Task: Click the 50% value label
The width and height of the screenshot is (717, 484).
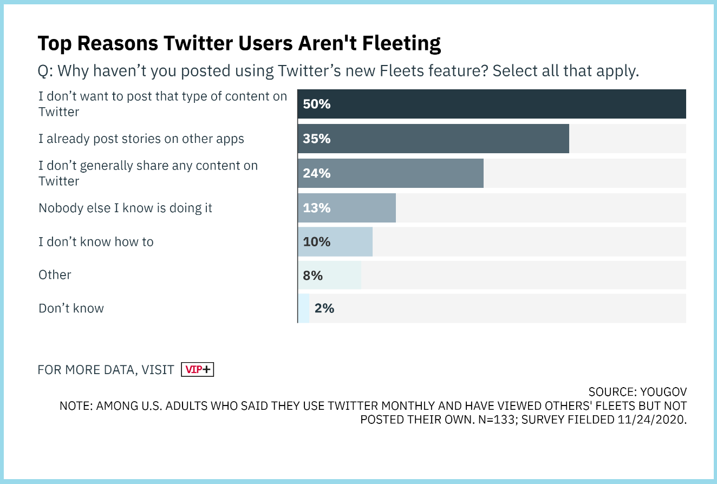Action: [317, 104]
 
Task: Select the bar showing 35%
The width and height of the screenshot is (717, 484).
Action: [433, 139]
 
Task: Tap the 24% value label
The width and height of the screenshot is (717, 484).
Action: [317, 173]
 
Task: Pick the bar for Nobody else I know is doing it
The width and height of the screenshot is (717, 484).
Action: [347, 208]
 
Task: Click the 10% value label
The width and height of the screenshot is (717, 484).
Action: [317, 241]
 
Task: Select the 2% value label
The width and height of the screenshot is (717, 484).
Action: [324, 309]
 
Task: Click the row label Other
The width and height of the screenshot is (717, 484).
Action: [55, 275]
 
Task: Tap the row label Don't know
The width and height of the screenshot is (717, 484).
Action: [71, 309]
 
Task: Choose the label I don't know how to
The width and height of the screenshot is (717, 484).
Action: [96, 241]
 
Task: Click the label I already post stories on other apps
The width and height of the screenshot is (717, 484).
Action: [141, 139]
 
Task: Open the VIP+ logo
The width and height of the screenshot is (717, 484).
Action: [198, 370]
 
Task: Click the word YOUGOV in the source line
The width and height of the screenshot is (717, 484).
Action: [663, 392]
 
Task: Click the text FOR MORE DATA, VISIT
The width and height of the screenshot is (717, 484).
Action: [106, 370]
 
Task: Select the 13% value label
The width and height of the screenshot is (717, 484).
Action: [317, 208]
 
